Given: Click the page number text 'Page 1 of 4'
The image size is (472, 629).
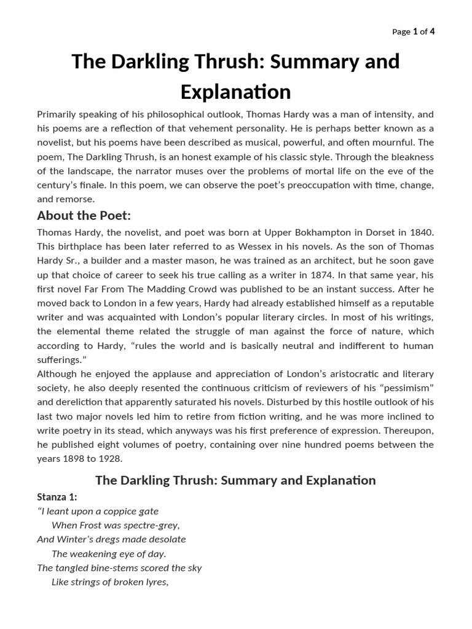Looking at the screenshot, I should (414, 32).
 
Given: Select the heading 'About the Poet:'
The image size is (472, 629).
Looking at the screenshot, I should (84, 216).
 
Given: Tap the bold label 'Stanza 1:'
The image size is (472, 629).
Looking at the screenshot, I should (57, 497).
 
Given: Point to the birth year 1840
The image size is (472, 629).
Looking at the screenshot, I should (421, 232).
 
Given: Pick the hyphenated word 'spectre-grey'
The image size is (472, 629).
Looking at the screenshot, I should (151, 525).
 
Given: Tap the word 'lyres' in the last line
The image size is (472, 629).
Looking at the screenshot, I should (154, 582).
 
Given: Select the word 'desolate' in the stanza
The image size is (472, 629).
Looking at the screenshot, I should (165, 539).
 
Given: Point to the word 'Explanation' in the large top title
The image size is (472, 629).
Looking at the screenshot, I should (235, 92).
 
